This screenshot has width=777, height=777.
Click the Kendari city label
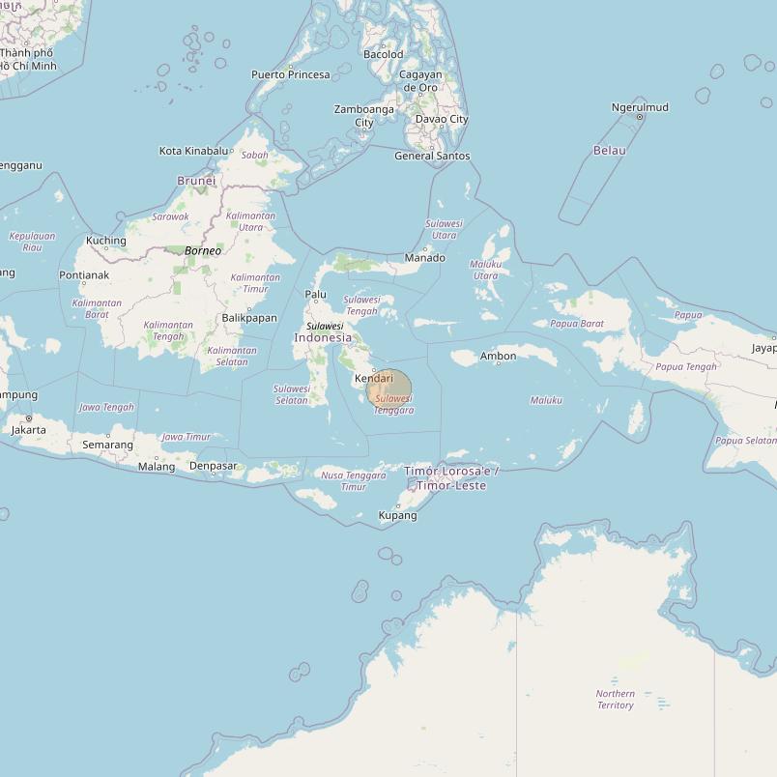(374, 378)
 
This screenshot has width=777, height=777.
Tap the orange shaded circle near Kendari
(392, 389)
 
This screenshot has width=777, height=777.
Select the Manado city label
(425, 258)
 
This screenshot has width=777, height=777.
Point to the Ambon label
(499, 357)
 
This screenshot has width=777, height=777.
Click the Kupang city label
(397, 516)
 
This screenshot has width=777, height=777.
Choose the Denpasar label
(214, 466)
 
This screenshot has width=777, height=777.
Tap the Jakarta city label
(28, 430)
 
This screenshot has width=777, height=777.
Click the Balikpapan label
(249, 318)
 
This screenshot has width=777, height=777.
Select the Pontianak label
(84, 275)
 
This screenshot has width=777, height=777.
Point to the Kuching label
(106, 241)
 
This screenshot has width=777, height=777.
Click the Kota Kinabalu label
(194, 151)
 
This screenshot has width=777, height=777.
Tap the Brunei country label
(196, 181)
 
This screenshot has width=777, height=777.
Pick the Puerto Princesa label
(291, 74)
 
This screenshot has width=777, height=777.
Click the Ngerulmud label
(640, 107)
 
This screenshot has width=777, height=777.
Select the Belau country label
(610, 151)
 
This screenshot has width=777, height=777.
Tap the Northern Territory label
(616, 700)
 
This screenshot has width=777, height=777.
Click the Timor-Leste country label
(452, 478)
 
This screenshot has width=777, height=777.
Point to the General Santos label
(432, 156)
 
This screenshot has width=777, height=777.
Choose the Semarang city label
(108, 445)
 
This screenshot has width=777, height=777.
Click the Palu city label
(316, 295)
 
